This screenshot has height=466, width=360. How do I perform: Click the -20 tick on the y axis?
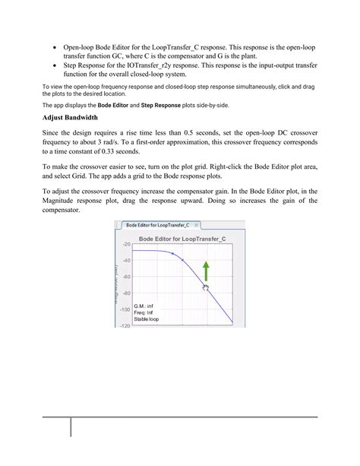click(127, 244)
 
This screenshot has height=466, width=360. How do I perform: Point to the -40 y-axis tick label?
click(127, 260)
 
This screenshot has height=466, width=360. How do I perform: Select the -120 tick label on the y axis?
click(125, 325)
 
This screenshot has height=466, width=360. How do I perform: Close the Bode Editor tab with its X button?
click(197, 226)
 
